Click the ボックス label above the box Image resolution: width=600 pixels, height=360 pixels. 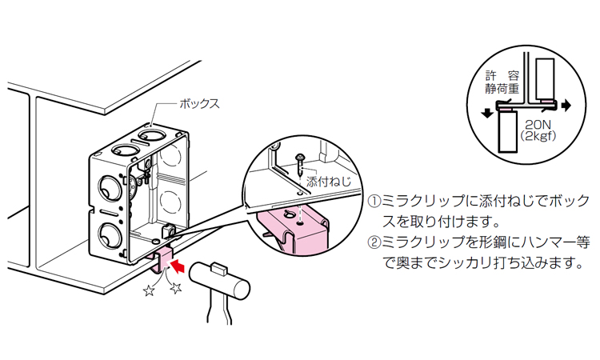click(x=198, y=104)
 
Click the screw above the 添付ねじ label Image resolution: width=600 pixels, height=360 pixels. click(x=298, y=164)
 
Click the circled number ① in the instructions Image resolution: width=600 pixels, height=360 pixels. click(x=374, y=200)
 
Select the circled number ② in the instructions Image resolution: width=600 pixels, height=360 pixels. click(x=374, y=242)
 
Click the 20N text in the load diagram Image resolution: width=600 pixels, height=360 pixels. click(x=538, y=126)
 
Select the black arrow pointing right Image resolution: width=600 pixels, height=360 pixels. click(x=566, y=105)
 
